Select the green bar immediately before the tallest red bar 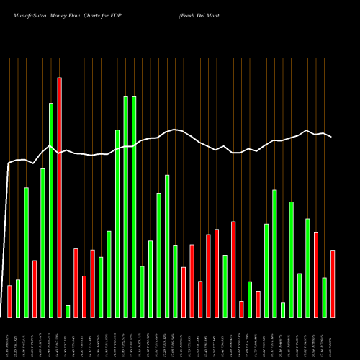(51, 210)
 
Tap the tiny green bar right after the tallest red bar (68, 311)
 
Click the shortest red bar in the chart (241, 309)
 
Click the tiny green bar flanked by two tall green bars (283, 310)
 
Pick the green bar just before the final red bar (324, 297)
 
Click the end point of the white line (331, 136)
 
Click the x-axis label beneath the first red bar (9, 338)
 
